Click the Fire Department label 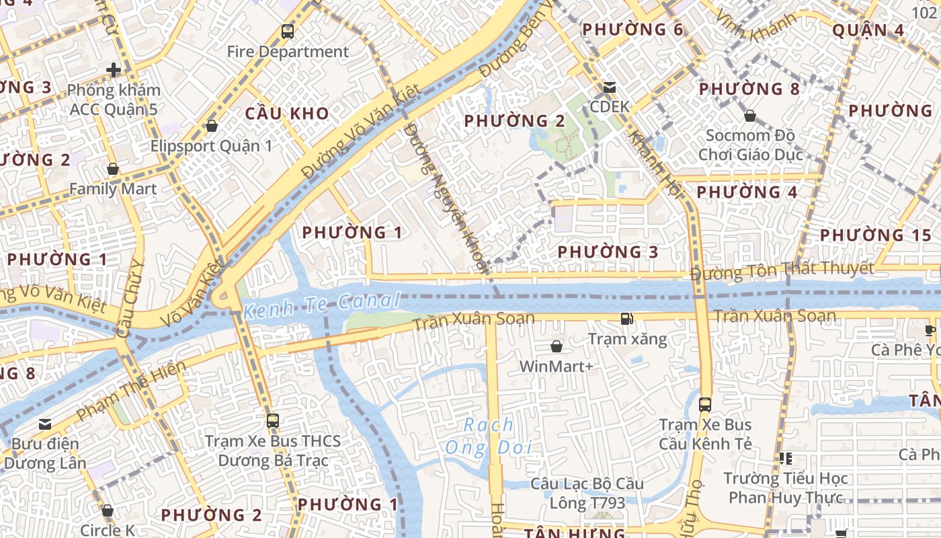288,52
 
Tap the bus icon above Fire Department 288,31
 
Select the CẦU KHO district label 287,113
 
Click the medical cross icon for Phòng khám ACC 114,69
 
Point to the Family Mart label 113,189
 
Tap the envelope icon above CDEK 610,87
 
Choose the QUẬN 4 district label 868,30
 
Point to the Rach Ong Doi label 489,436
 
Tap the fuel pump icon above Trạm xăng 627,319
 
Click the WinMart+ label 557,367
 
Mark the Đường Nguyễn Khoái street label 447,198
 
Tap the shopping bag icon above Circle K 108,511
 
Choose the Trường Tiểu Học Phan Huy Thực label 786,488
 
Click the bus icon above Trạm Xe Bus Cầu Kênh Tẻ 705,405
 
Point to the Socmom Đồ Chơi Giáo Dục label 750,145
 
